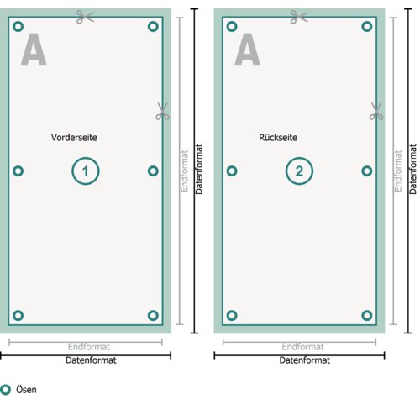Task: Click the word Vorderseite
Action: (x=74, y=138)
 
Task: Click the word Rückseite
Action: (x=278, y=138)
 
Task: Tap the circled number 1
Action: (x=86, y=171)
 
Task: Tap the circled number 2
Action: (x=299, y=171)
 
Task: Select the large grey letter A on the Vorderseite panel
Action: (x=34, y=50)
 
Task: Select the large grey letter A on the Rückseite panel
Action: (x=248, y=50)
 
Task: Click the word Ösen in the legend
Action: (x=26, y=390)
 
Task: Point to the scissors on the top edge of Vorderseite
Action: (x=85, y=17)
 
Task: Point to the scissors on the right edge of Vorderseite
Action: (x=163, y=111)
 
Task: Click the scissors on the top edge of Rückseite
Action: (x=299, y=17)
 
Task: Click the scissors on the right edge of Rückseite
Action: (x=376, y=111)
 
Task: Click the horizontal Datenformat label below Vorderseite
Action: (x=91, y=360)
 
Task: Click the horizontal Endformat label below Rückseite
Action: (x=303, y=347)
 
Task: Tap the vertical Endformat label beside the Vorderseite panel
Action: (x=184, y=171)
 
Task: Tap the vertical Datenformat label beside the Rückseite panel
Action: (x=412, y=169)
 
